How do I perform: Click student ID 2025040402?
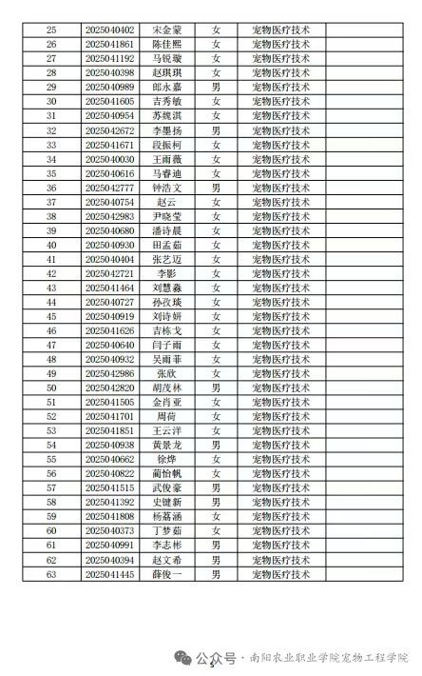click(x=109, y=30)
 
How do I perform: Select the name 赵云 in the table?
click(x=166, y=202)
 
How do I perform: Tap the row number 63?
click(x=51, y=574)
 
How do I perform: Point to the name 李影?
click(x=166, y=273)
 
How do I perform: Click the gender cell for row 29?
click(x=217, y=87)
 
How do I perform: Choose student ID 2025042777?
click(x=109, y=188)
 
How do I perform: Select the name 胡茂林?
click(x=166, y=388)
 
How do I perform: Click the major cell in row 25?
click(x=280, y=30)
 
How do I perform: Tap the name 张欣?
click(x=166, y=374)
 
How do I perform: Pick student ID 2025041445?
click(x=109, y=574)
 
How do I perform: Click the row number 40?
click(x=51, y=245)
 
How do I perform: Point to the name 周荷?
click(x=166, y=417)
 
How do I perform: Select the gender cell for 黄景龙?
click(x=217, y=446)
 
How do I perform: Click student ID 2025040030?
click(x=109, y=159)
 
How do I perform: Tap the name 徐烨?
click(x=166, y=460)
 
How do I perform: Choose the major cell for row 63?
click(x=280, y=574)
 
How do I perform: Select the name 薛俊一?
click(x=166, y=574)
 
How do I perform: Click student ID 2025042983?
click(x=109, y=216)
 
